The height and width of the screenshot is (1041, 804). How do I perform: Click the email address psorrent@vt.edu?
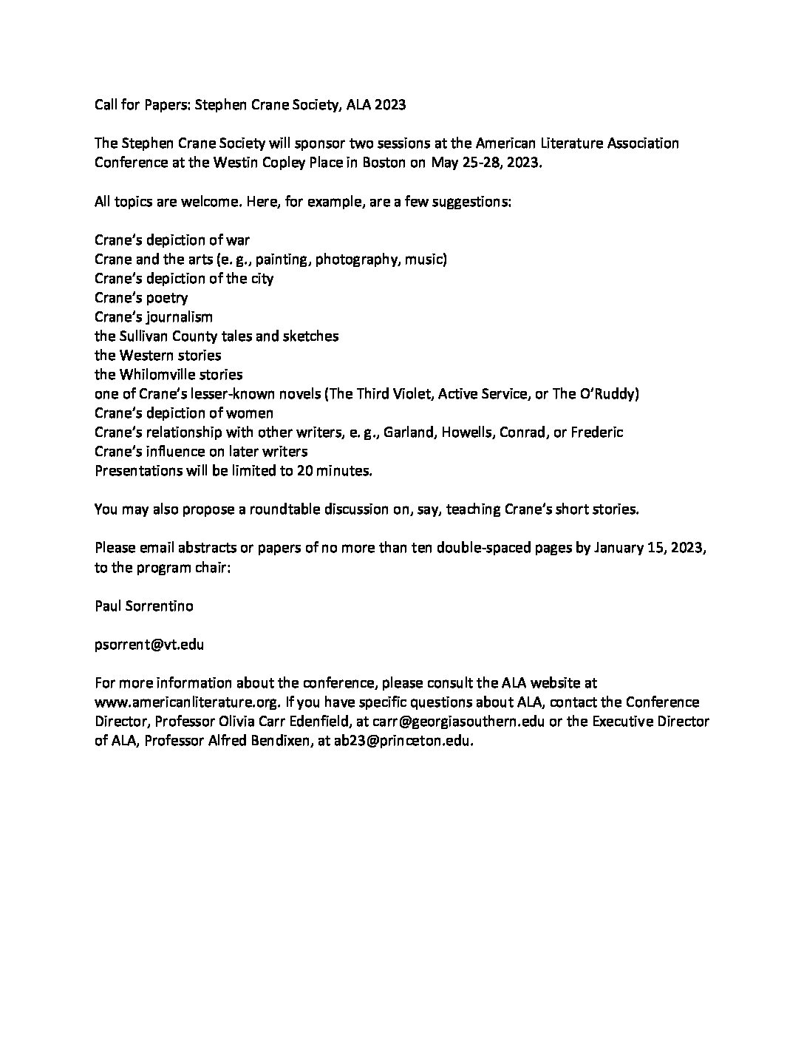(x=149, y=644)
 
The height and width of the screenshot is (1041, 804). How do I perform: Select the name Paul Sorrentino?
(x=144, y=606)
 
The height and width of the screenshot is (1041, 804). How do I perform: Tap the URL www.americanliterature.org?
(x=187, y=702)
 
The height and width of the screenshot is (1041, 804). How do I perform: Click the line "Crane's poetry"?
(x=141, y=298)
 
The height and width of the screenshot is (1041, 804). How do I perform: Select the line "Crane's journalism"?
(x=154, y=317)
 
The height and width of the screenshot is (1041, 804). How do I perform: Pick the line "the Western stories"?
(x=158, y=356)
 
